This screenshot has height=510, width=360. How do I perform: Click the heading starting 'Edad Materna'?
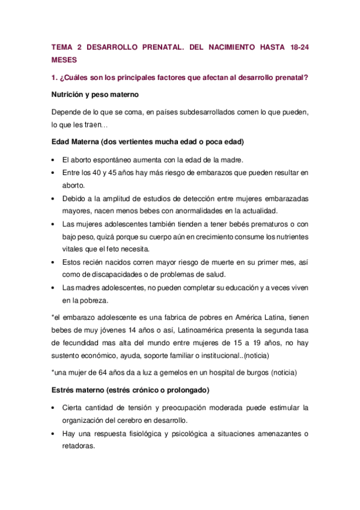click(x=147, y=141)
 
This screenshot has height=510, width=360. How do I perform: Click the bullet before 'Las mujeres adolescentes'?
click(x=54, y=224)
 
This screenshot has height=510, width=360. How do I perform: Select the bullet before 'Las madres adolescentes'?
click(x=54, y=288)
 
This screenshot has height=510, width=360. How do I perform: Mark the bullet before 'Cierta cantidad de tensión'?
click(x=54, y=408)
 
